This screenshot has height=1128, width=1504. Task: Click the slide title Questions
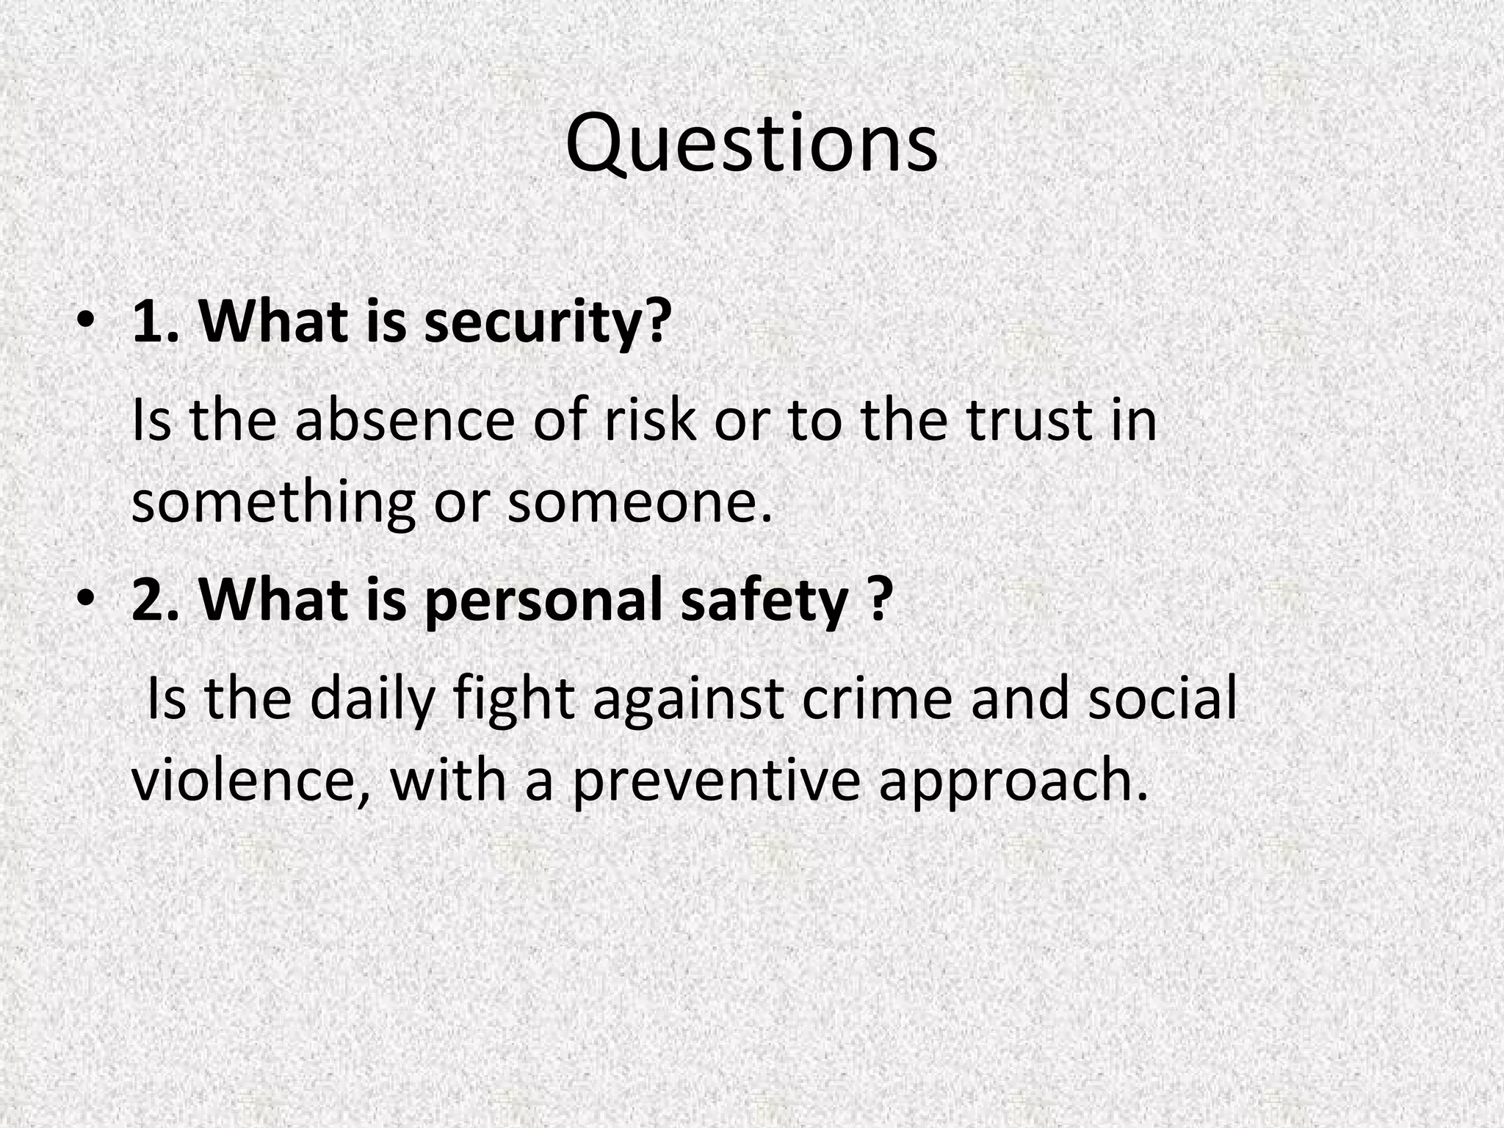[x=751, y=145]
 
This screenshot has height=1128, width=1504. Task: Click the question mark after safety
[x=878, y=599]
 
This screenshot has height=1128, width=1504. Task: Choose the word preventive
[x=715, y=781]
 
